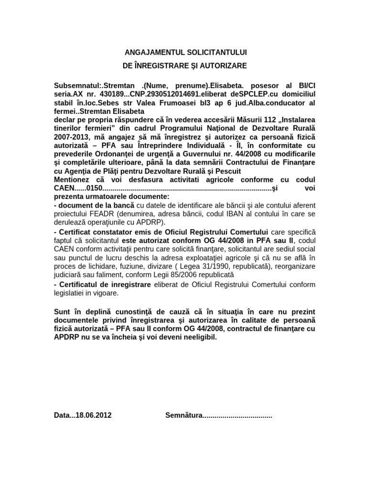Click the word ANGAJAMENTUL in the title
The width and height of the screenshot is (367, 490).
pos(147,52)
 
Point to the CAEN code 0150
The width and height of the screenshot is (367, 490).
pos(93,189)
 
